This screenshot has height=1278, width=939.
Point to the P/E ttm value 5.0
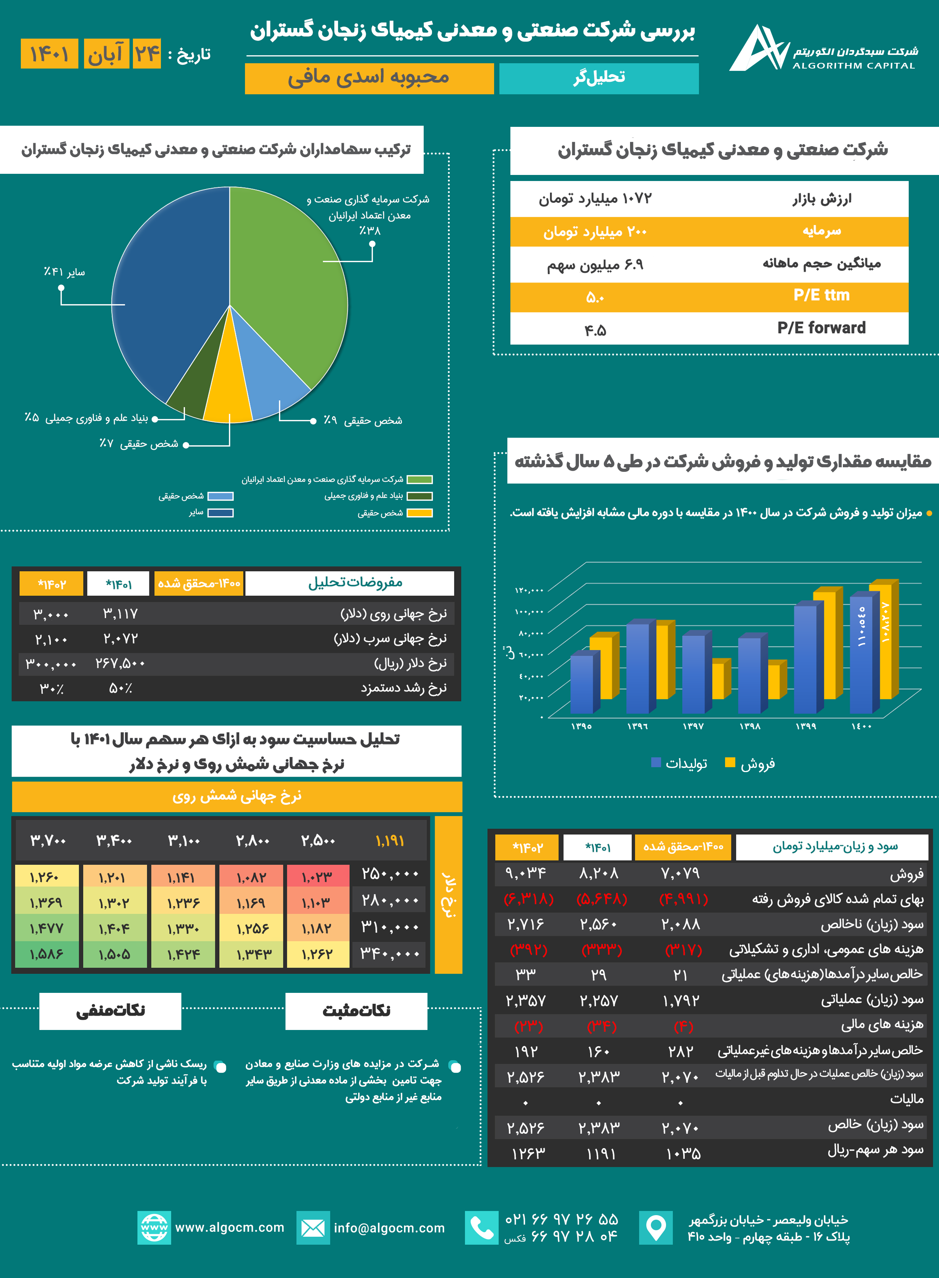pos(595,297)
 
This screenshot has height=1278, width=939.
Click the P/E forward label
pos(821,328)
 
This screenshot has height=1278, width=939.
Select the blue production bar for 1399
pos(805,660)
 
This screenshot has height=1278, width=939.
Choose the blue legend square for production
pos(656,762)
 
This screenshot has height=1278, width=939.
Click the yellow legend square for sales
pos(730,762)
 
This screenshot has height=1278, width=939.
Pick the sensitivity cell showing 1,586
pos(47,954)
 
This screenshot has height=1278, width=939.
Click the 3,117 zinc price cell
pos(120,614)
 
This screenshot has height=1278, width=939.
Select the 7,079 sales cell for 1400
pos(680,873)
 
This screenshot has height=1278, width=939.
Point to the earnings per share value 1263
pos(528,1153)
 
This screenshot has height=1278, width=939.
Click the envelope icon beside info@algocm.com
pos(313,1228)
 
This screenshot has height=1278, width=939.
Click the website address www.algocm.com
pos(229,1227)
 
